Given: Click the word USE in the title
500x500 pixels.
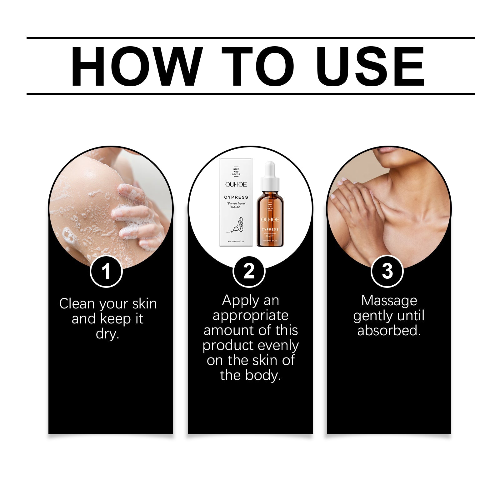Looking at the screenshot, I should click(x=372, y=66).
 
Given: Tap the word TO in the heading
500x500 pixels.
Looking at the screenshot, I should click(x=258, y=66).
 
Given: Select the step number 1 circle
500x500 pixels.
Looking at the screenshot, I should click(x=106, y=271).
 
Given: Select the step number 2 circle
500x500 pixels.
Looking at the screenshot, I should click(x=249, y=271).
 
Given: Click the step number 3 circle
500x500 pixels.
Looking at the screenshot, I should click(x=387, y=271).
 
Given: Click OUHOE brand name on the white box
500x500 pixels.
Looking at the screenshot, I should click(x=236, y=185).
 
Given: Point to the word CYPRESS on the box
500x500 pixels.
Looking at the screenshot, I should click(x=236, y=197).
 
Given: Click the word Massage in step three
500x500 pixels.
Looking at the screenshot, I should click(x=389, y=301).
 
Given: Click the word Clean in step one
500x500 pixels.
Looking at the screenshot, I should click(x=77, y=304).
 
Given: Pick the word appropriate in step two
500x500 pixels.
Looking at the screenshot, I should click(x=250, y=316).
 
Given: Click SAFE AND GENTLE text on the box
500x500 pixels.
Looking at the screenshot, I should click(x=236, y=172).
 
